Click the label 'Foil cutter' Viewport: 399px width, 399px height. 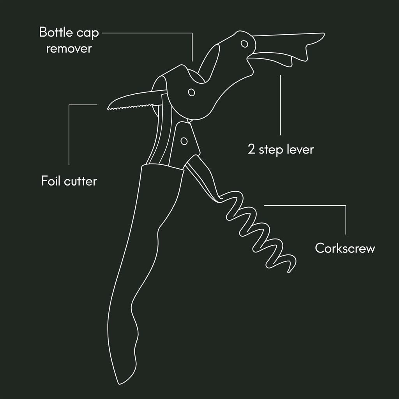[69, 181]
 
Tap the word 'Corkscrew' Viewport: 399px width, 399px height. [345, 248]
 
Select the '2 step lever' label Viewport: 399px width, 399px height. [281, 149]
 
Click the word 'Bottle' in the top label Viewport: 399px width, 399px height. [58, 32]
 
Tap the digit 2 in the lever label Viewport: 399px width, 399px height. [252, 150]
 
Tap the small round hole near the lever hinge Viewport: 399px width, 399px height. [244, 43]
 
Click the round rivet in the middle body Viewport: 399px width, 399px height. [191, 92]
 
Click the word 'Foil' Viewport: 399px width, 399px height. [50, 181]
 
